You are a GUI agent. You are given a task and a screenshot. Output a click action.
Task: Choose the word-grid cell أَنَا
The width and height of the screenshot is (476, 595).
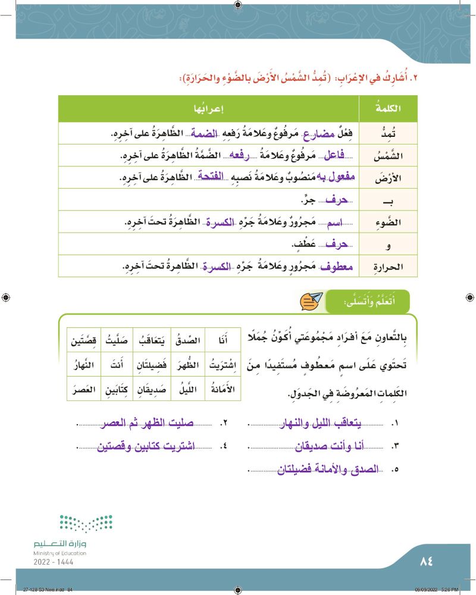click(221, 340)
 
